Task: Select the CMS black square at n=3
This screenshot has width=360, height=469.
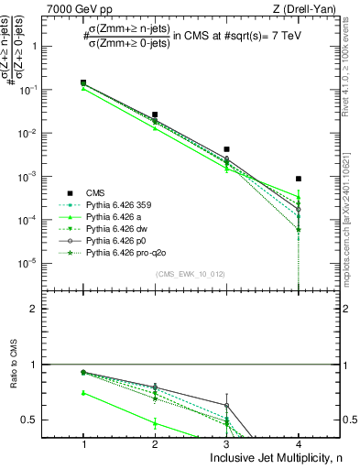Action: pyautogui.click(x=226, y=148)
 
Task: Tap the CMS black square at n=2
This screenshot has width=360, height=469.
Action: pyautogui.click(x=155, y=115)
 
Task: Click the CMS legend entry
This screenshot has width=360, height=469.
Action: pyautogui.click(x=96, y=193)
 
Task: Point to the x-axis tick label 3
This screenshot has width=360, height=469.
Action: pyautogui.click(x=226, y=444)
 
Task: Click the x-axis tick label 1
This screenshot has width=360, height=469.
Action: pyautogui.click(x=83, y=444)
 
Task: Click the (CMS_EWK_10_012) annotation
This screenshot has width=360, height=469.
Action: pyautogui.click(x=191, y=274)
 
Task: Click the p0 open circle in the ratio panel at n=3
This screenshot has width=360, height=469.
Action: pyautogui.click(x=226, y=405)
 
